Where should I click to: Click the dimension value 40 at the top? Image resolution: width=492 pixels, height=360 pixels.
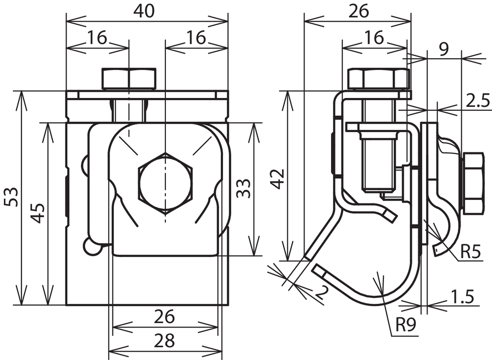pos(144,11)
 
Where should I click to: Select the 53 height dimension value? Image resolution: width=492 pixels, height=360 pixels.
pos(11,197)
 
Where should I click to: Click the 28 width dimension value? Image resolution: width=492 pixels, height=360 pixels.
pos(164,340)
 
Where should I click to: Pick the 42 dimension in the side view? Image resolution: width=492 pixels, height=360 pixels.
pos(277,179)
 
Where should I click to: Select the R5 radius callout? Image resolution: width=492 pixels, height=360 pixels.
pos(470,252)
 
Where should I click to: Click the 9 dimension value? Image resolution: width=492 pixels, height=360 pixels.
pos(444,49)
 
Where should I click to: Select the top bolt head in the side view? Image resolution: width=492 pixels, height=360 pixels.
pos(378,79)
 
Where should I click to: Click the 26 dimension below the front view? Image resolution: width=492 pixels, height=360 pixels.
pos(164,317)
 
